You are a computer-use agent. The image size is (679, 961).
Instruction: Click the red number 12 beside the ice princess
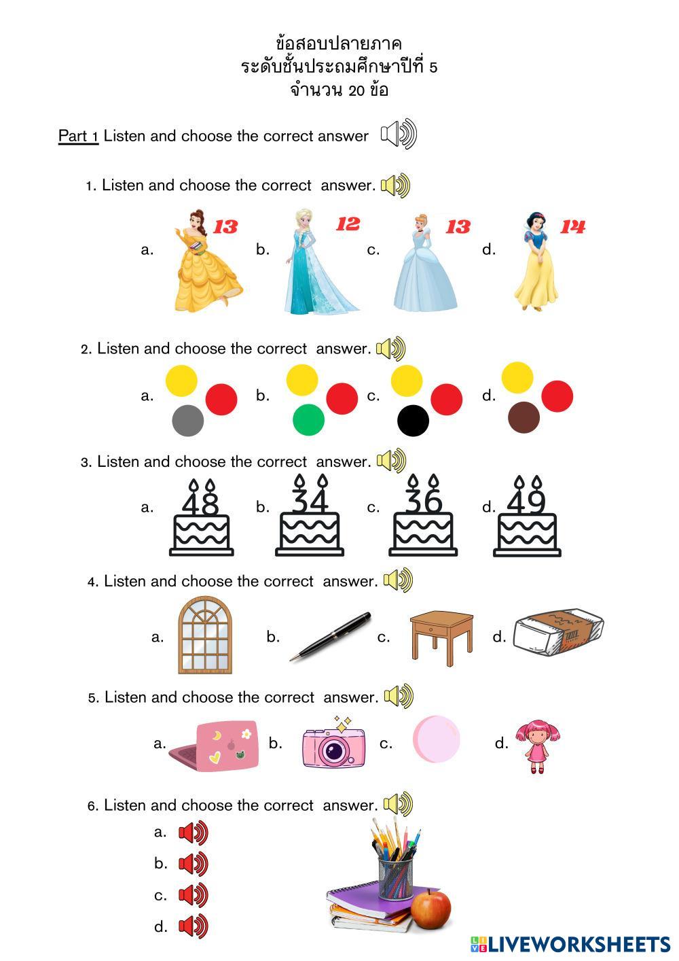coord(348,224)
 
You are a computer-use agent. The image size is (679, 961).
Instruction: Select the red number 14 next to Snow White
coord(572,226)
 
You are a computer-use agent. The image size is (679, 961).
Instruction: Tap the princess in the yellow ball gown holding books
coord(208,260)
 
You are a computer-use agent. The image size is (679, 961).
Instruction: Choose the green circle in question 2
coord(309,419)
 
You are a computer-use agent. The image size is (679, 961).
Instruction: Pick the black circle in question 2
coord(414,421)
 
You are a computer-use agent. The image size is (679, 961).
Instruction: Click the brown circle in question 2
coord(524,417)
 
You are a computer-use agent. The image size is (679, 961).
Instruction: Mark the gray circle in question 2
coord(188,421)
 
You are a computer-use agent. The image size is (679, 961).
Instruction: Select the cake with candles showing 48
coord(202,517)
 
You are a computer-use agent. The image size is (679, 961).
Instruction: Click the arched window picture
coord(205,635)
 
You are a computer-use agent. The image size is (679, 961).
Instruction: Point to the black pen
coord(330,637)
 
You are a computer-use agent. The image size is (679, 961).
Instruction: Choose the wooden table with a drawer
coord(441,638)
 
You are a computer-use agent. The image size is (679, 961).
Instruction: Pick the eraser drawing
coord(559,632)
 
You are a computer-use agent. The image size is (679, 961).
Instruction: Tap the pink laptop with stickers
coord(215,746)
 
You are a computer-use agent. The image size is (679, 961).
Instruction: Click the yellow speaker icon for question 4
coord(398,580)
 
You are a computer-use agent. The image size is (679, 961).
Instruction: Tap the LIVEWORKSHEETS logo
coord(570,944)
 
